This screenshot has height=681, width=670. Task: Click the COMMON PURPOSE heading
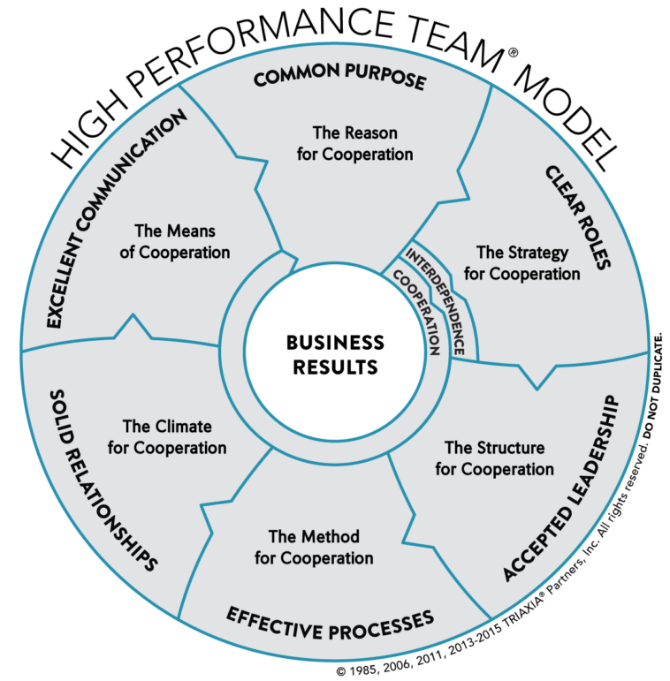tap(340, 79)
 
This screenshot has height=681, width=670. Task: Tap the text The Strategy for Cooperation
tap(522, 263)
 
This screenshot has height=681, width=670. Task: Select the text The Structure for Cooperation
tap(494, 458)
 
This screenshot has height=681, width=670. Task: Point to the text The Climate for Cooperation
tap(167, 437)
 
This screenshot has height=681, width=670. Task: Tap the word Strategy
tap(539, 253)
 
